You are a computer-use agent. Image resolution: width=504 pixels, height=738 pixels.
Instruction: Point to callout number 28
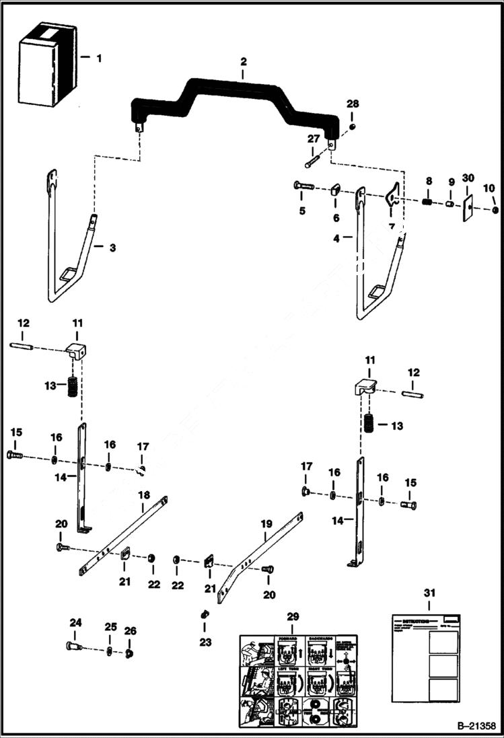point(353,104)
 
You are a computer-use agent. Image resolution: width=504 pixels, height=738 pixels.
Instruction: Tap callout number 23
point(205,642)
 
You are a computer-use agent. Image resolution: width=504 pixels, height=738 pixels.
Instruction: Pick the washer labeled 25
point(110,651)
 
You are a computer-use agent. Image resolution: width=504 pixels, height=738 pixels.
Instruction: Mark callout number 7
point(391,227)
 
